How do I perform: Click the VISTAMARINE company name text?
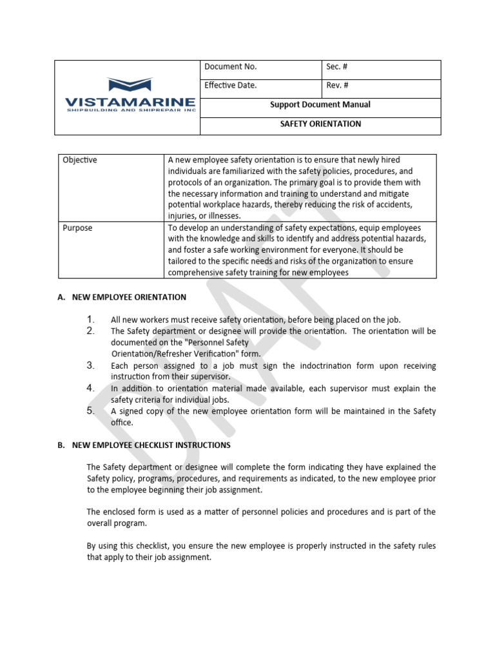130,102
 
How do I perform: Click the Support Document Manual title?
320,104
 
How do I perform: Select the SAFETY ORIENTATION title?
320,124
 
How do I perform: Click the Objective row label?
80,160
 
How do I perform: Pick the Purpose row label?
77,228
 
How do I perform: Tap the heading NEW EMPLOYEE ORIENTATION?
129,297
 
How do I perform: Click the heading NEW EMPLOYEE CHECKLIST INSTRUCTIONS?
151,445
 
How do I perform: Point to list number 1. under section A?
91,319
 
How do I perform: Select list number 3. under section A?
91,365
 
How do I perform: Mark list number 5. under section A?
91,411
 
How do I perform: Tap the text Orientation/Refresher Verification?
175,354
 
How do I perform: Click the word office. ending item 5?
122,423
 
